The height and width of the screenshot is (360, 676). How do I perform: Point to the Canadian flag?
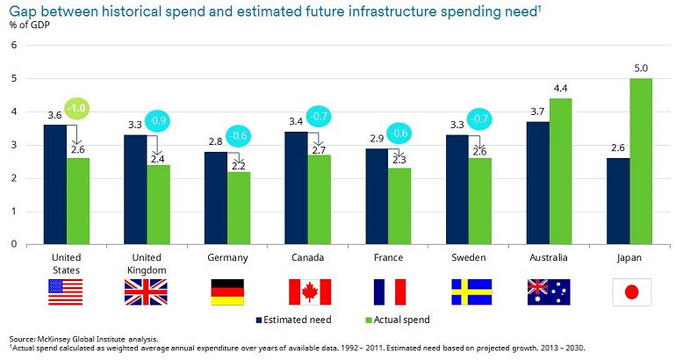point(309,292)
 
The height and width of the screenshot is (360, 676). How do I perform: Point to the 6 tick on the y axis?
point(13,46)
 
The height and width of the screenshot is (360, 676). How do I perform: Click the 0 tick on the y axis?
point(13,244)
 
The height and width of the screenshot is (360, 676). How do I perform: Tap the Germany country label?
point(227,258)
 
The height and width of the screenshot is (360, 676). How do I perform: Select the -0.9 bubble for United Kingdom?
point(158,120)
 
